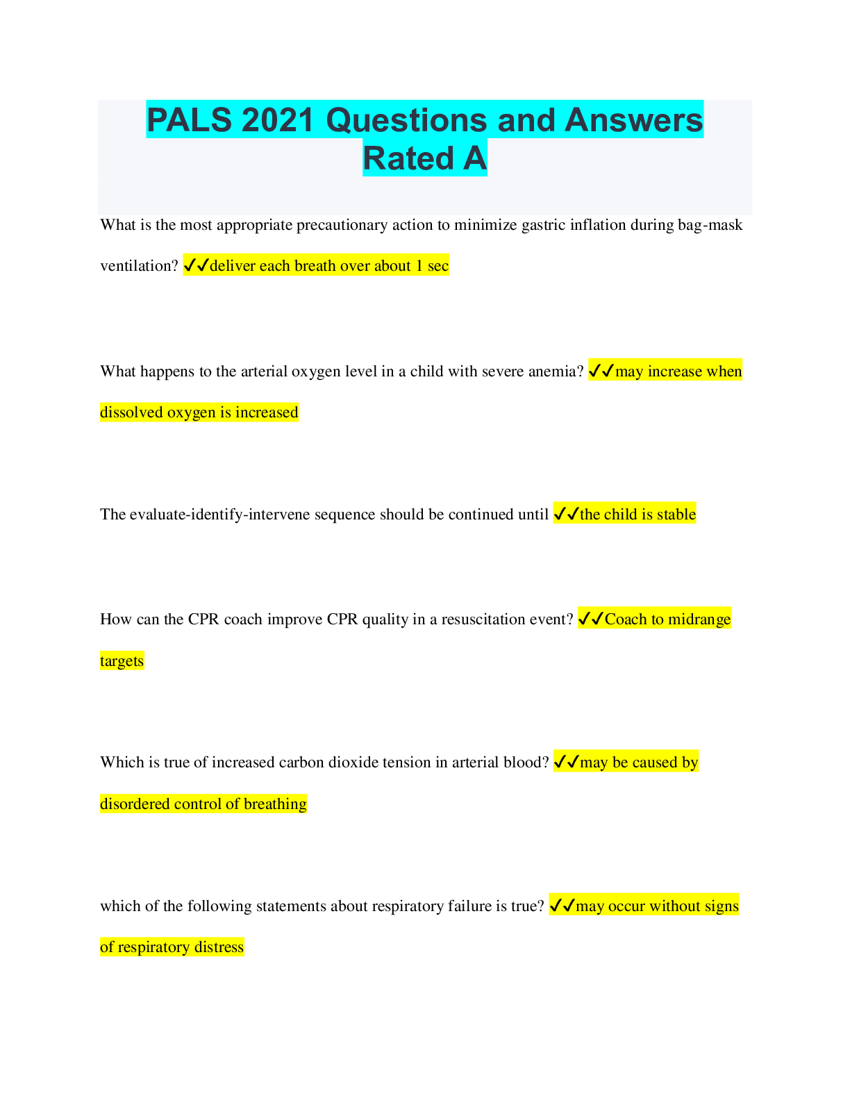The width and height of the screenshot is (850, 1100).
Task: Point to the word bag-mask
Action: coord(710,225)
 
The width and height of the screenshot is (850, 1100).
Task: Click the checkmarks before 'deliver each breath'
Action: coord(196,265)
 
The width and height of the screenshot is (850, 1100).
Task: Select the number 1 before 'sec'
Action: coord(419,266)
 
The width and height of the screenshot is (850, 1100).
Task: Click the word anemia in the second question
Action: coord(556,372)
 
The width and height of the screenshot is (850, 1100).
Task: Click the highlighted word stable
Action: coord(676,515)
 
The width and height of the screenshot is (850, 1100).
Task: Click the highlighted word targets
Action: coord(122,661)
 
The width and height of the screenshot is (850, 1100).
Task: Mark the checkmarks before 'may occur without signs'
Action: coord(562,906)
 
